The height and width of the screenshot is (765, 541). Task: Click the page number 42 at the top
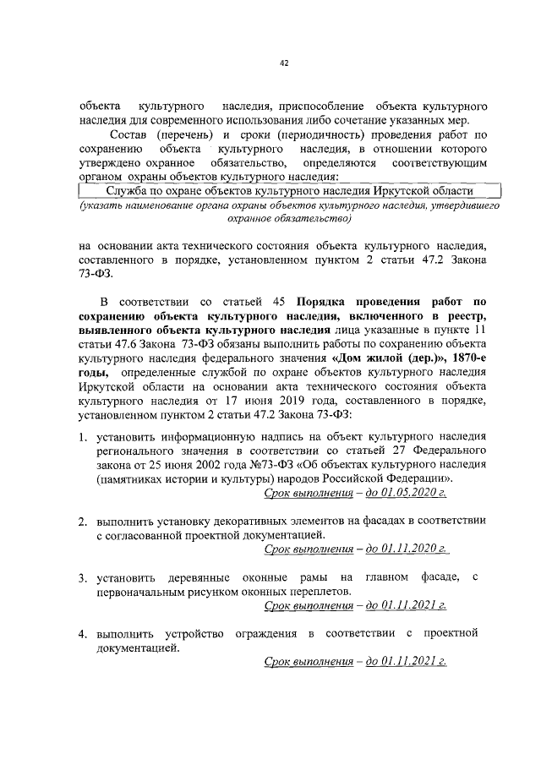[x=284, y=63]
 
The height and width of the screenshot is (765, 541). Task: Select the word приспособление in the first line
[x=314, y=108]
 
